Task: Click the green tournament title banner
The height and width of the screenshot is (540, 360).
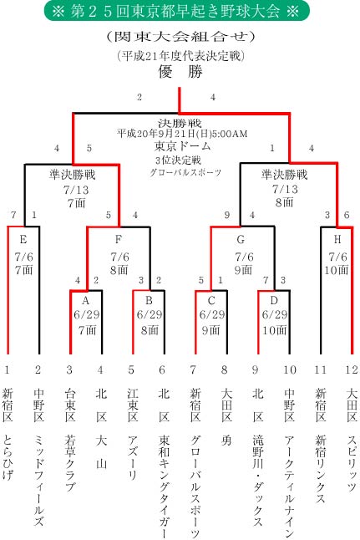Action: coord(177,11)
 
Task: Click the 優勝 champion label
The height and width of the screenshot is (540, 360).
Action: coord(180,72)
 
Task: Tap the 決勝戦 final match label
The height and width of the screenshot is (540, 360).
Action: coord(180,123)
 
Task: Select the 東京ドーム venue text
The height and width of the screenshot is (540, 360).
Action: coord(182,146)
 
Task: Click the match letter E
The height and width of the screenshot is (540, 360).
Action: coord(23,239)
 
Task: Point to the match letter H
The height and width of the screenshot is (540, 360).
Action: coord(337,239)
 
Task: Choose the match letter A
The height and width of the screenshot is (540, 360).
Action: coord(86,301)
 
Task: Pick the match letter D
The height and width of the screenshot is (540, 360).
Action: coord(274,301)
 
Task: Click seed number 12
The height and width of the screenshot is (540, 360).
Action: coord(352,369)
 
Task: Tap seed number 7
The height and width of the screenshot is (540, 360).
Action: coord(193,369)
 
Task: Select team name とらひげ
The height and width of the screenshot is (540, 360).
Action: coord(8,457)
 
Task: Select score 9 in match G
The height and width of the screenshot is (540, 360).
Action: coord(227,215)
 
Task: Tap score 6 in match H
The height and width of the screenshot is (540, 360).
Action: coord(347,215)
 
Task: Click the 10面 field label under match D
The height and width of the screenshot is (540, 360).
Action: coord(274,331)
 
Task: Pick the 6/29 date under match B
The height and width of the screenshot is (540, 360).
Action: coord(149,314)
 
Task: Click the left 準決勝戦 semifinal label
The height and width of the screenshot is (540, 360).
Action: coord(73,175)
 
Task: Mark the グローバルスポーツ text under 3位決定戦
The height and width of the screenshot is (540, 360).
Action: coord(185,172)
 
